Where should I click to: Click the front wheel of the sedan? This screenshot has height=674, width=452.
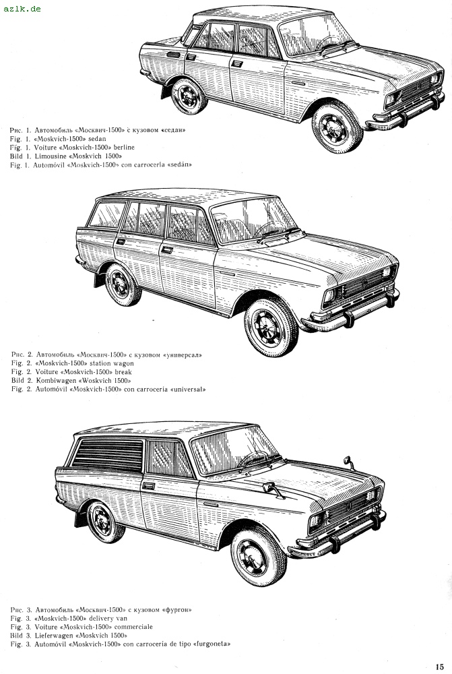point(337,127)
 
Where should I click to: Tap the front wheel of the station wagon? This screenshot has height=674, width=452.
point(271,327)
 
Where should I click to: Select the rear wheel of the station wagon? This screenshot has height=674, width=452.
point(122,284)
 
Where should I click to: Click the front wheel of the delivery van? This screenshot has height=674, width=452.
point(258,557)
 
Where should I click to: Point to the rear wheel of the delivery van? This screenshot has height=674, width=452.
point(105,522)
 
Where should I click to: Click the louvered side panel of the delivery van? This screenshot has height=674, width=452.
point(108,455)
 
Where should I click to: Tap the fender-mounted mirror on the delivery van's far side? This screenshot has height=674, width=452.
point(348,462)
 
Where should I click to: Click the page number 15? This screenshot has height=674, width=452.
point(439,667)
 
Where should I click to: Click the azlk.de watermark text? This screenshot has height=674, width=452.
point(22,8)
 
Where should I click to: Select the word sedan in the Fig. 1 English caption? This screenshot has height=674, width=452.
point(97,139)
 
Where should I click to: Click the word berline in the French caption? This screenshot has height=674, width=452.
point(124,148)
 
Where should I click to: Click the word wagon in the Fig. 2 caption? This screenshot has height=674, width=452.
point(123,364)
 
